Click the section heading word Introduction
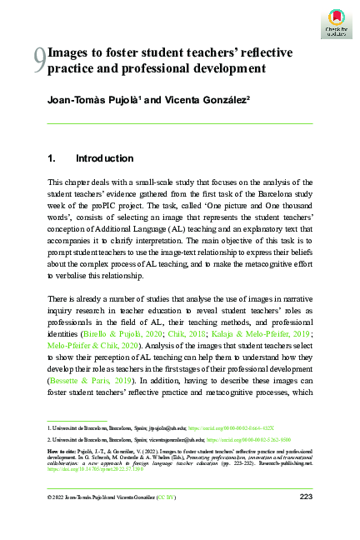(104, 158)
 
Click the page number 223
(305, 497)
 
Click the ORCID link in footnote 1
(242, 427)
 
